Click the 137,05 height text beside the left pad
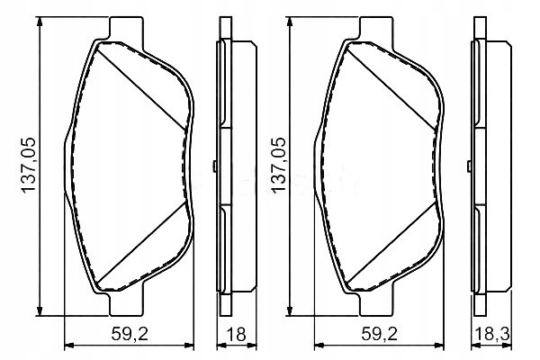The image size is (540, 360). click(29, 165)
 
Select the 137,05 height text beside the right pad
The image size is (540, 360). click(279, 165)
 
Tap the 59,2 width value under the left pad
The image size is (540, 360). click(130, 334)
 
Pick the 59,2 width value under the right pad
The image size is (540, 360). click(380, 334)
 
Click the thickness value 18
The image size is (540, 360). click(236, 334)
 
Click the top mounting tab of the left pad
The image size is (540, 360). click(126, 29)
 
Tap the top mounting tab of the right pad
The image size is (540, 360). click(376, 29)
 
